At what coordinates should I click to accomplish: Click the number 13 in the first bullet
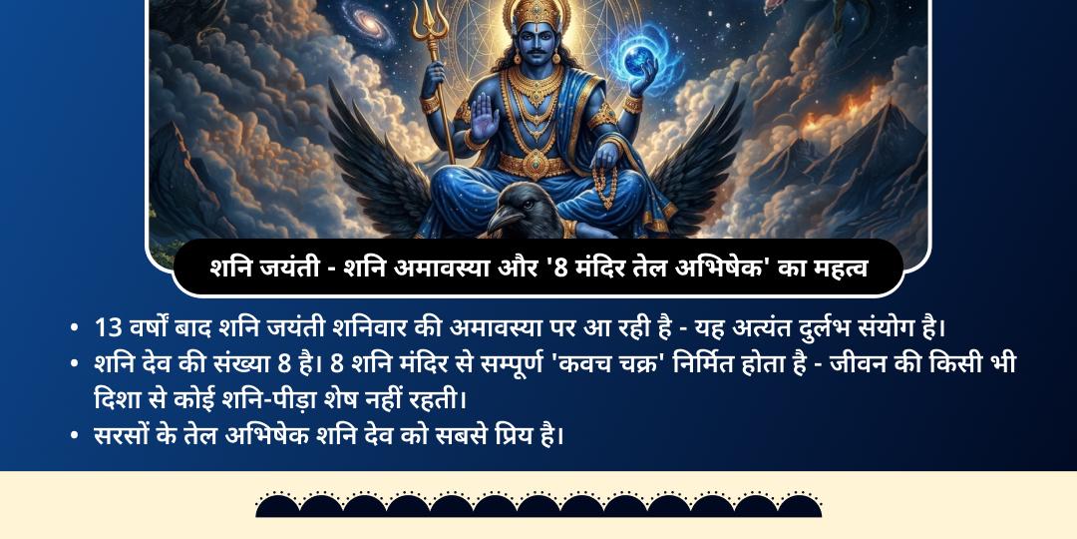tap(107, 327)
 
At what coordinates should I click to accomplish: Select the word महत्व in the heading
tap(834, 268)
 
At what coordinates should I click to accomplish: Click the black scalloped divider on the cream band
tap(538, 504)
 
